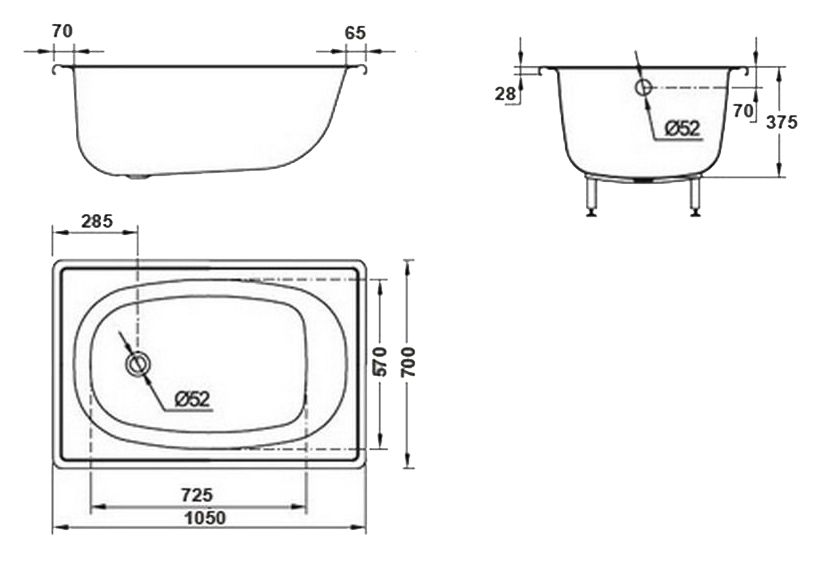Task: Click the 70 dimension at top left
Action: (x=62, y=31)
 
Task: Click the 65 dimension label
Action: (x=354, y=32)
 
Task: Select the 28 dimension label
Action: (x=506, y=94)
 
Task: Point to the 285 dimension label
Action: (x=98, y=219)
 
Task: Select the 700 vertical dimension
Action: (x=408, y=362)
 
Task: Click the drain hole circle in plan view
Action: (x=137, y=365)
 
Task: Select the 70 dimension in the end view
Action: (x=741, y=110)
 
